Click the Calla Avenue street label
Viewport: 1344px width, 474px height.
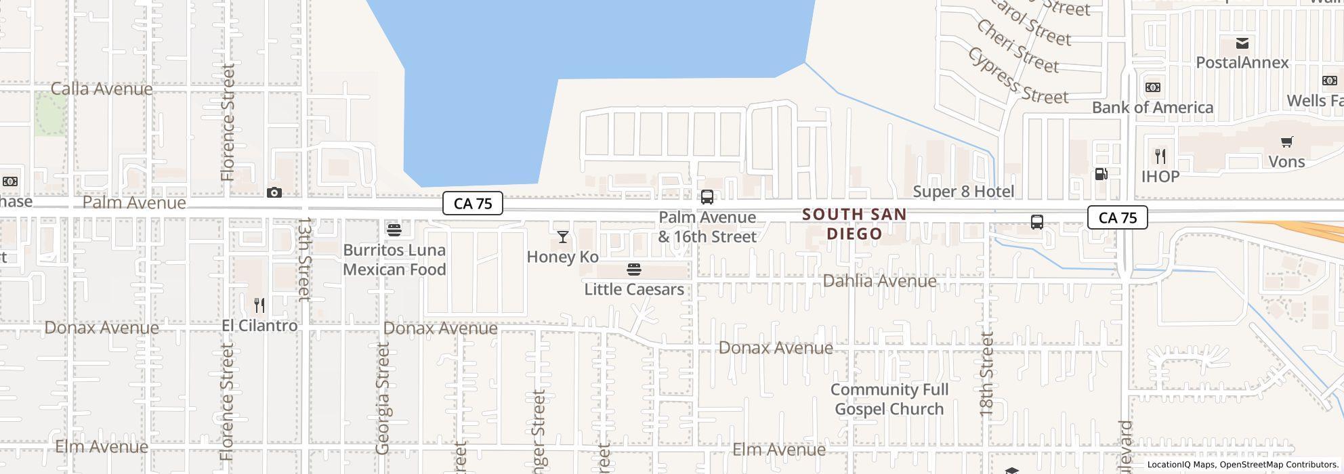(102, 89)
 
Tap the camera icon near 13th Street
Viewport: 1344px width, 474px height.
(274, 193)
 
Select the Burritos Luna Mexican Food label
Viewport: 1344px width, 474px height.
(394, 259)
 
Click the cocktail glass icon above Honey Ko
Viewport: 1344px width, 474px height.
(562, 236)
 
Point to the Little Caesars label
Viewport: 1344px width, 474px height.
(634, 289)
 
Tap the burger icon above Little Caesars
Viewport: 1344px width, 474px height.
(634, 270)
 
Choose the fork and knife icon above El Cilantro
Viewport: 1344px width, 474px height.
(259, 305)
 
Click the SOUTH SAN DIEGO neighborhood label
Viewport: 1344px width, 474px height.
(854, 224)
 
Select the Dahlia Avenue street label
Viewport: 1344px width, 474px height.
(879, 280)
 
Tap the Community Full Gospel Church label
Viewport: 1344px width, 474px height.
(889, 400)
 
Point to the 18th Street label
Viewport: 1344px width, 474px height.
(986, 374)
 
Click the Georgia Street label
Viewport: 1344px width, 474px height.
(383, 398)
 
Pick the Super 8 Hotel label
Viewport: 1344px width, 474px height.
(963, 192)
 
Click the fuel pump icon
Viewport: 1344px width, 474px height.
(1101, 174)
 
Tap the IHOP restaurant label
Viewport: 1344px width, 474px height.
(1160, 177)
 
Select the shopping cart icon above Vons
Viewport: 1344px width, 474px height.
(1286, 142)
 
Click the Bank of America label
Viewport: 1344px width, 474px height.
(1152, 108)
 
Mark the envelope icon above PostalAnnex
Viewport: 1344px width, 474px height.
(1242, 43)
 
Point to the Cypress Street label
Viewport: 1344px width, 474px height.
(1017, 76)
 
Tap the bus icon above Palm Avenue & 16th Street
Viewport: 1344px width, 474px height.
(707, 197)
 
